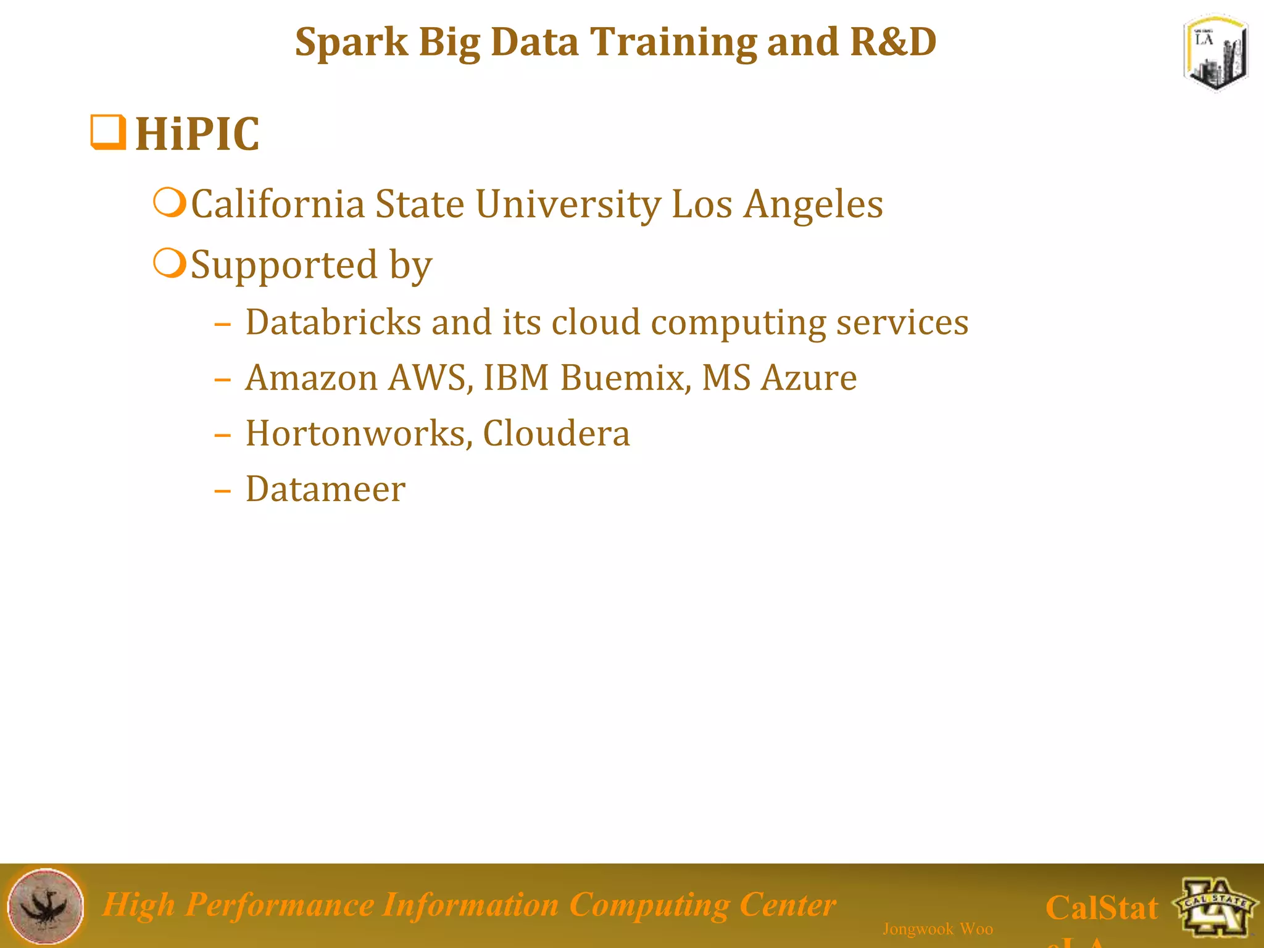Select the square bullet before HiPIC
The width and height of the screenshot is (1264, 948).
point(108,131)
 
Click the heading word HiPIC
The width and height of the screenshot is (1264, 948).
point(197,134)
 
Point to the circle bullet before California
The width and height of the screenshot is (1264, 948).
point(169,202)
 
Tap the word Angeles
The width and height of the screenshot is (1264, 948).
point(813,206)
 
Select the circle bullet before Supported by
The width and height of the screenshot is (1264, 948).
point(169,263)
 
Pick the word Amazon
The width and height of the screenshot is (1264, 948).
point(311,378)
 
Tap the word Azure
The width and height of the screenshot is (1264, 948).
point(809,378)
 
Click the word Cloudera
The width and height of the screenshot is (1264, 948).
point(556,433)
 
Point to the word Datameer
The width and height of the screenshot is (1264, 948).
point(325,489)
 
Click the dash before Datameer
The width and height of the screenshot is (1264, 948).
point(222,491)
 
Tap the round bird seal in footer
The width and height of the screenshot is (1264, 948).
point(46,905)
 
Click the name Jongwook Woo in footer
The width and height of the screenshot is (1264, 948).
point(938,929)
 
